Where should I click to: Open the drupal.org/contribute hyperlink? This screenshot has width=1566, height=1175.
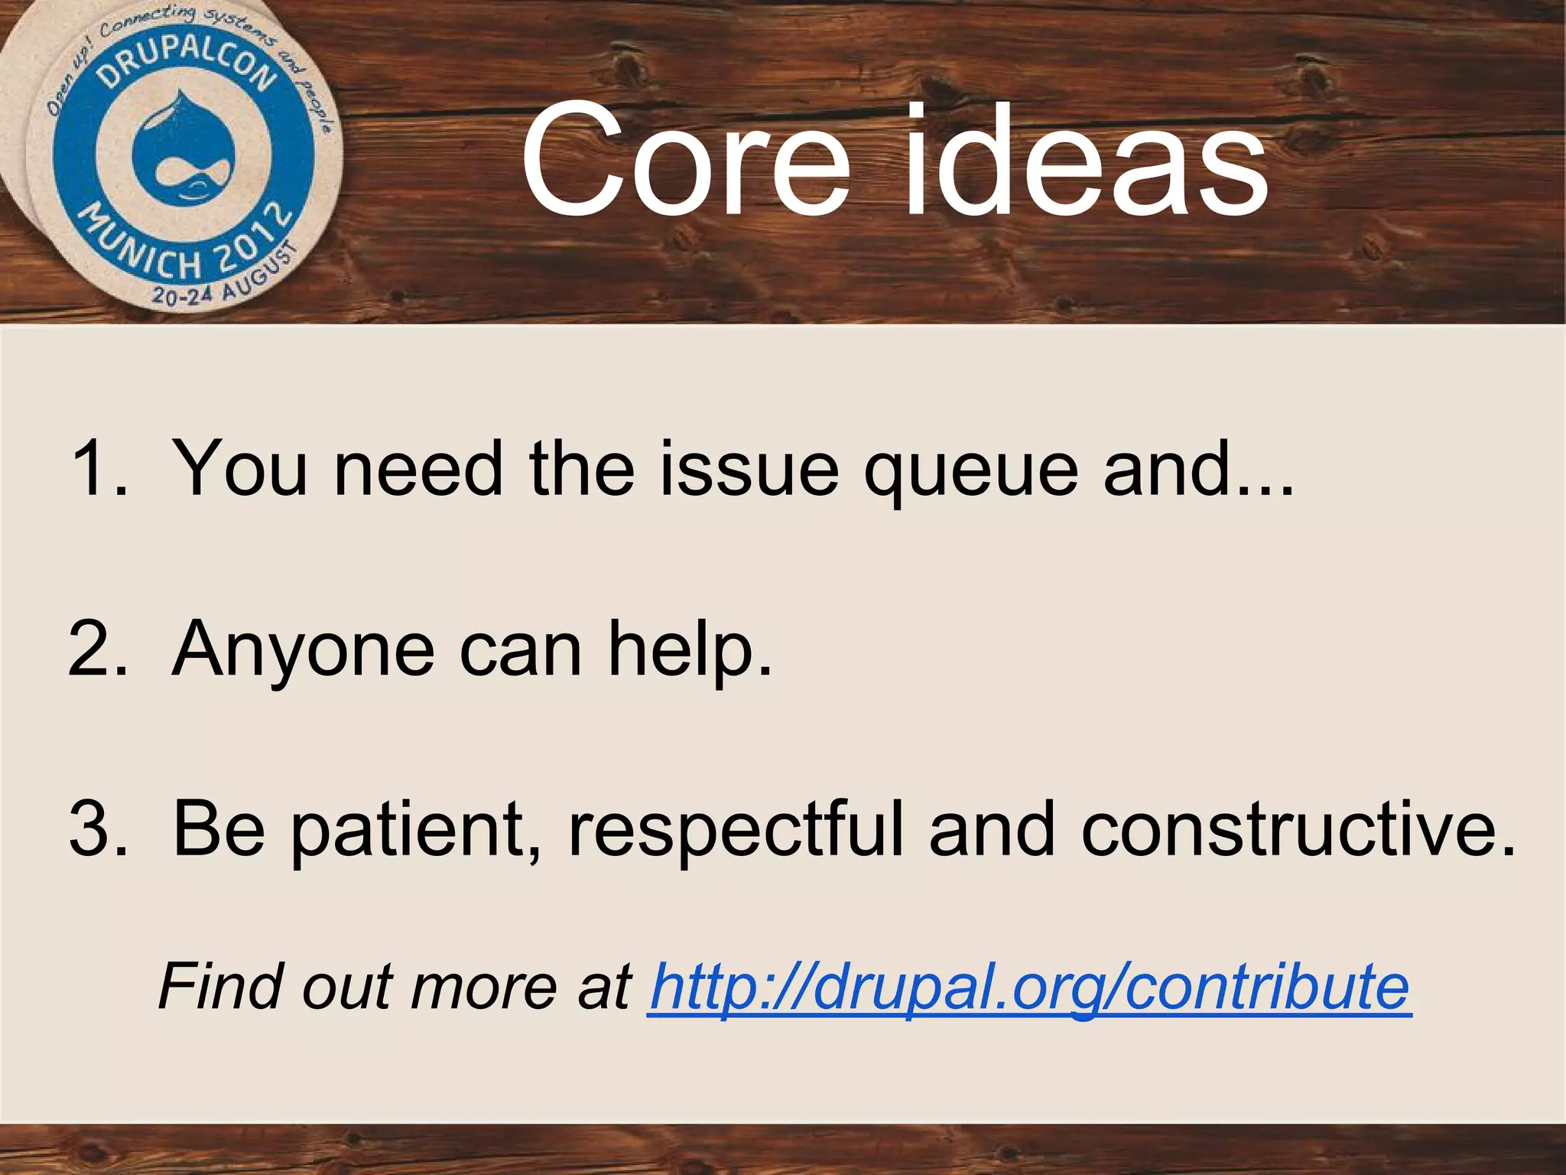pyautogui.click(x=1028, y=988)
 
